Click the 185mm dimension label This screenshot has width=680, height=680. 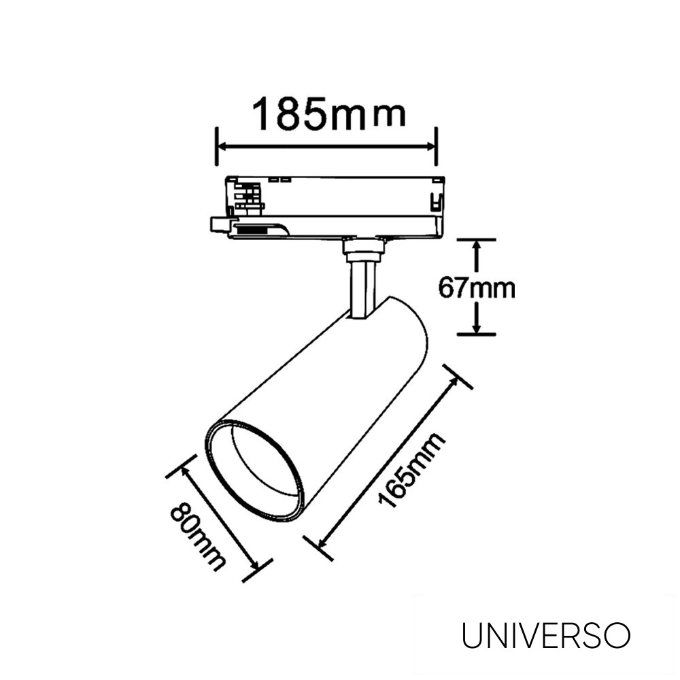point(329,114)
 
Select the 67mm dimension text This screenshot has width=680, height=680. point(476,288)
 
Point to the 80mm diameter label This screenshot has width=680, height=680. point(197,537)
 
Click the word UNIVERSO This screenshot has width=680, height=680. point(546,636)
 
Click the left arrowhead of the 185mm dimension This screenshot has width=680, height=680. point(222,146)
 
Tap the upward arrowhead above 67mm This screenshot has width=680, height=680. point(477,246)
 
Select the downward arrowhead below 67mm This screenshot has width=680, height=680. point(477,328)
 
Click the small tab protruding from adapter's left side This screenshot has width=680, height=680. point(219,224)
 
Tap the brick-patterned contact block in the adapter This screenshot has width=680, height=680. point(248,197)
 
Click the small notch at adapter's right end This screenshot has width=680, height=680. point(435,201)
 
